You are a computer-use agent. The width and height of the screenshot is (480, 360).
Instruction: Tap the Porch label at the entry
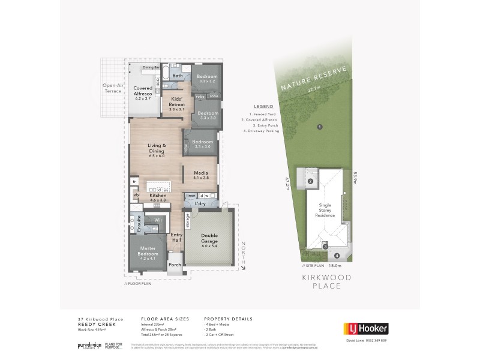click(175, 265)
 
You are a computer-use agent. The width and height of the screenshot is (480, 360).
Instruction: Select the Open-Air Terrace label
click(112, 88)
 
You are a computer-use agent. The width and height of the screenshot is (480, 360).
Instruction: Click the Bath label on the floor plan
click(178, 76)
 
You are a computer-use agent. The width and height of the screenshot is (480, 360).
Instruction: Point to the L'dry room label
click(200, 204)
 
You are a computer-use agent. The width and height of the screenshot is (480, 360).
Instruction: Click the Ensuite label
click(138, 223)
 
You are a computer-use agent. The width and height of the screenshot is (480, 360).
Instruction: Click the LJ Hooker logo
click(365, 328)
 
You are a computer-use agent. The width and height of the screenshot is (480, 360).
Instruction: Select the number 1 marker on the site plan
click(320, 127)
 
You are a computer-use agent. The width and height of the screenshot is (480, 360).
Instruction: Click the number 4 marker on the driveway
click(337, 255)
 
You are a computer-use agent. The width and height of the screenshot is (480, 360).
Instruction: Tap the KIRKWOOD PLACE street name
click(327, 282)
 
